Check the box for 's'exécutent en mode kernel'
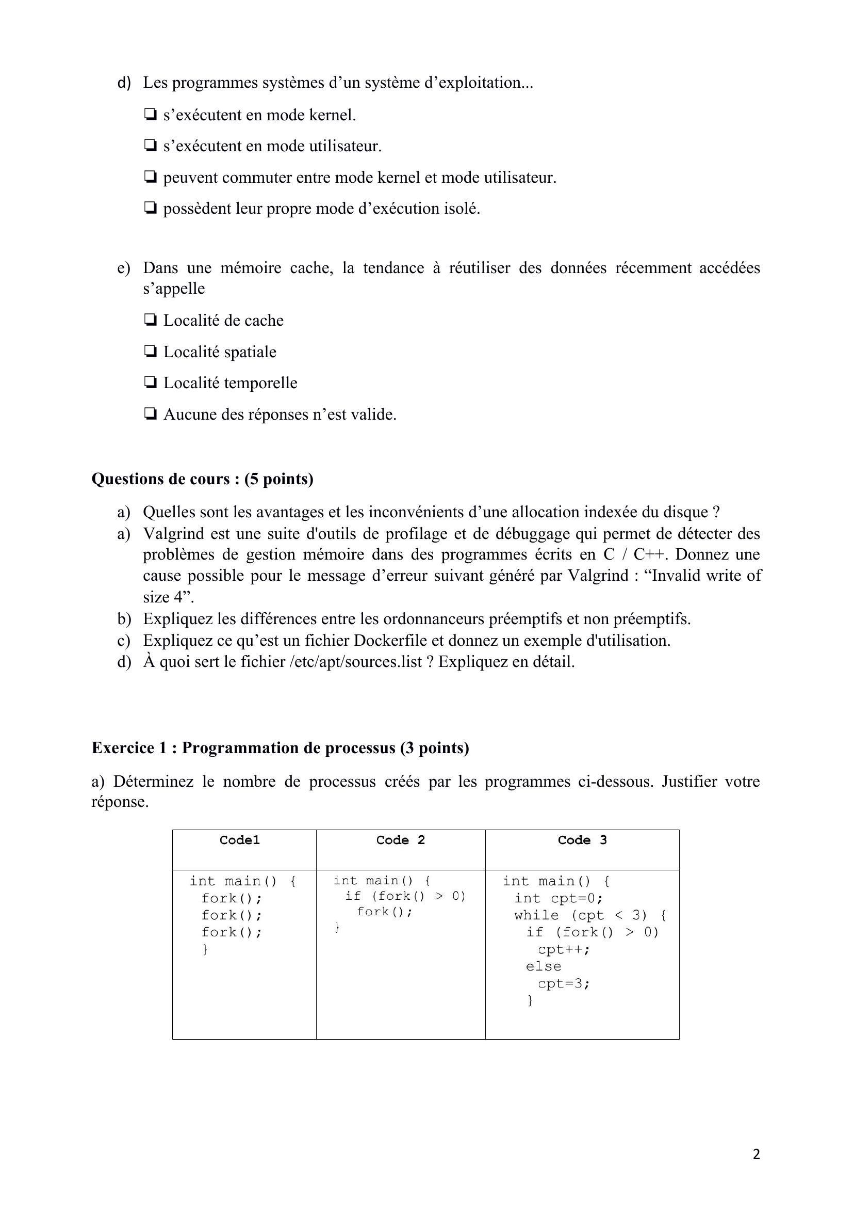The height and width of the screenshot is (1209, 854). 151,115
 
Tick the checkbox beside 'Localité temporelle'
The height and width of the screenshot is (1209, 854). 151,383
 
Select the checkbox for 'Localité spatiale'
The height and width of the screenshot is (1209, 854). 151,352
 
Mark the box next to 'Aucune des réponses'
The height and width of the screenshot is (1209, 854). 151,415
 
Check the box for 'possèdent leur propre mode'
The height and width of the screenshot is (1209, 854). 151,209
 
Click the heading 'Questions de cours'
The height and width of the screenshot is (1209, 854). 202,479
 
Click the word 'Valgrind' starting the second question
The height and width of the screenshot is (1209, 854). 174,533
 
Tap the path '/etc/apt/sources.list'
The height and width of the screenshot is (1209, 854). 356,661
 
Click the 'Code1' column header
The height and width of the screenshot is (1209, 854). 239,840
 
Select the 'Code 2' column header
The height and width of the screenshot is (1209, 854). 400,840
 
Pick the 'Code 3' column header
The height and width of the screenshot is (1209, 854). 582,840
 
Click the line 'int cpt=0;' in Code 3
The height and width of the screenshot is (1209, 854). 559,898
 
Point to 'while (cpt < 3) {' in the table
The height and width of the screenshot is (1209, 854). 590,915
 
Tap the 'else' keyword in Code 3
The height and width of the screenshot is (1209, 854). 544,966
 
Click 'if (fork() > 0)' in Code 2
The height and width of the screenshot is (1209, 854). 405,896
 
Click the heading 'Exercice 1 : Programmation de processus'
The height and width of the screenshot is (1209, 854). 280,747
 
